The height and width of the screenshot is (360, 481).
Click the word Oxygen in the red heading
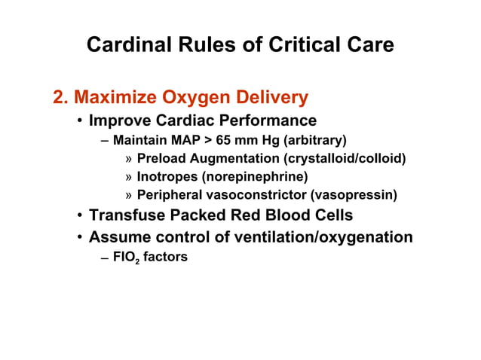click(191, 98)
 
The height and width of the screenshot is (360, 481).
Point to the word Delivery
click(271, 98)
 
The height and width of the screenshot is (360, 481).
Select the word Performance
click(264, 121)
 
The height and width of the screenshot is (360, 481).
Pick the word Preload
click(161, 159)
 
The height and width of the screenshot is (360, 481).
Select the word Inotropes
click(167, 177)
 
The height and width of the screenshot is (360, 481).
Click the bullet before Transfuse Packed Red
click(79, 215)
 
